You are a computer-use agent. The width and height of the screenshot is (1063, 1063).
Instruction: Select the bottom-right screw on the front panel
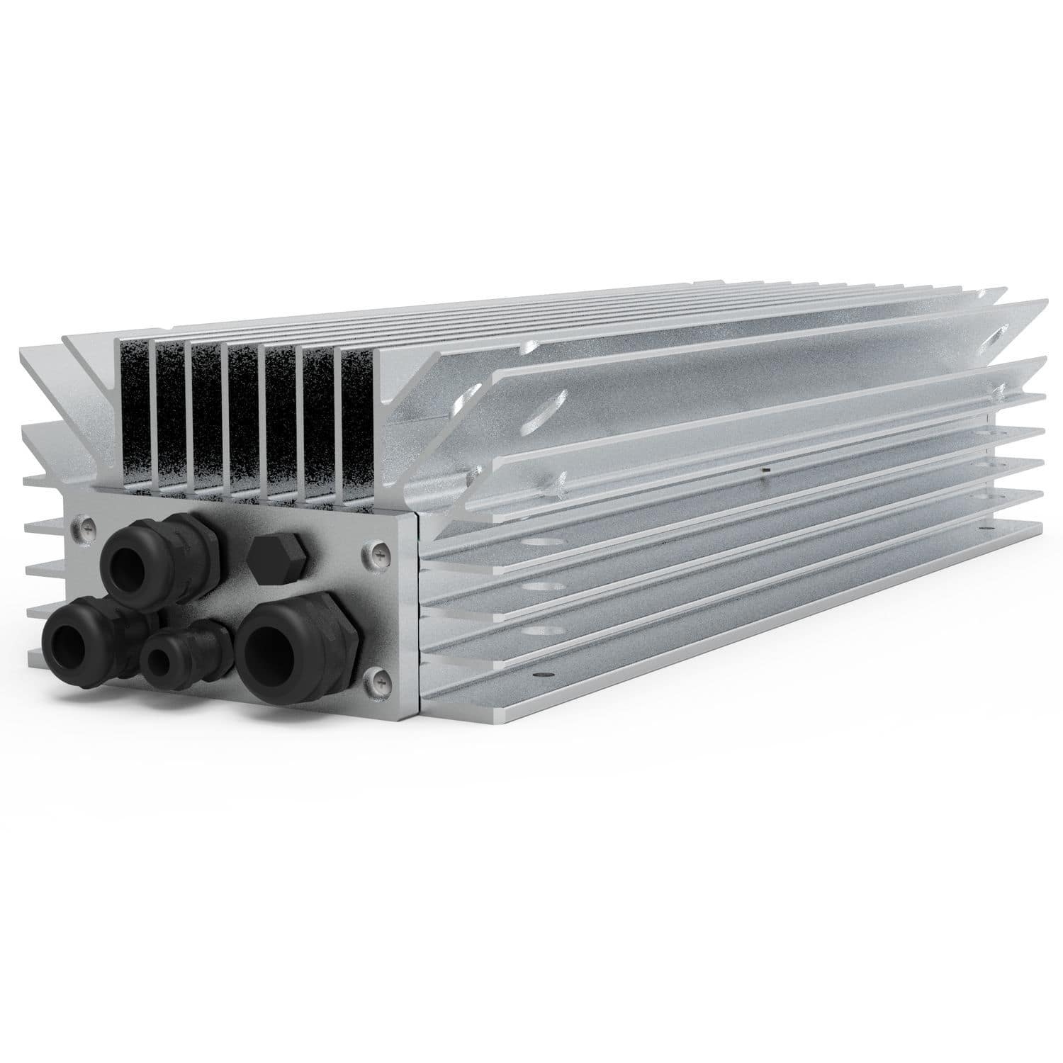click(x=377, y=680)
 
